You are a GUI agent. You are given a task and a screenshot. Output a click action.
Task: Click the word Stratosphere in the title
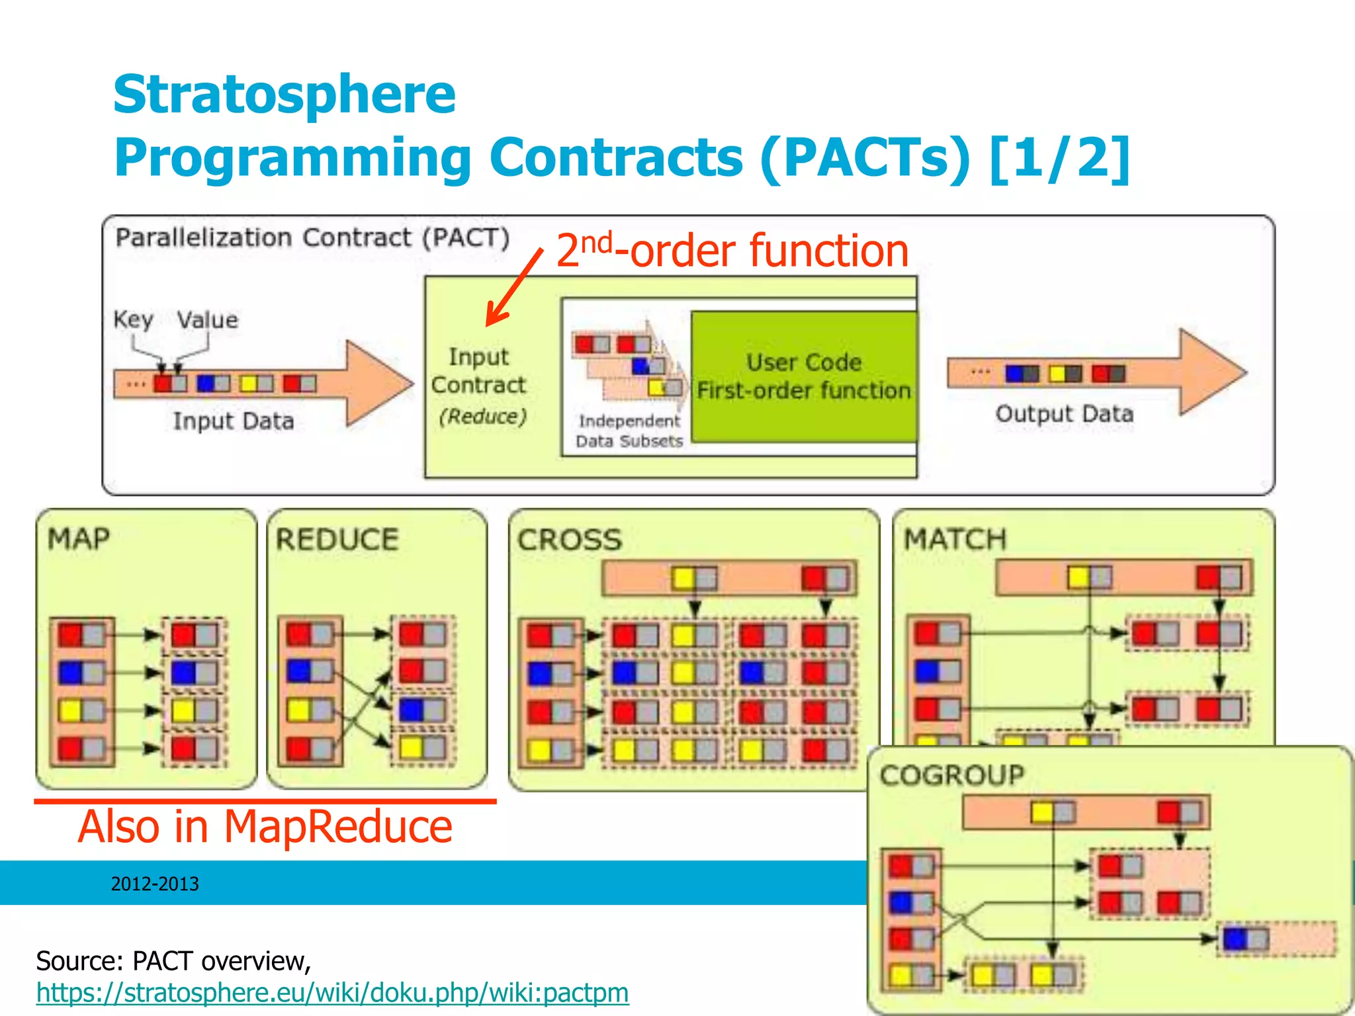point(284,95)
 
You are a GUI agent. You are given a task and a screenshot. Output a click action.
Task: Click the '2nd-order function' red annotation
point(732,251)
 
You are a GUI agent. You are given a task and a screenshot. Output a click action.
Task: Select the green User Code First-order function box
point(803,376)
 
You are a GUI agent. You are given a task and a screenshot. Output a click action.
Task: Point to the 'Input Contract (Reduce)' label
point(479,386)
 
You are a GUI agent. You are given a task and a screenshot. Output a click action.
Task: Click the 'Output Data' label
point(1064,414)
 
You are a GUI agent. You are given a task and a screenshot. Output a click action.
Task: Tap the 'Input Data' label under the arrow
point(233,421)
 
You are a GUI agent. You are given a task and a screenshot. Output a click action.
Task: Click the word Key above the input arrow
point(132,319)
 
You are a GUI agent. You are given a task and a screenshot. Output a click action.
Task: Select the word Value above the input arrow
point(207,320)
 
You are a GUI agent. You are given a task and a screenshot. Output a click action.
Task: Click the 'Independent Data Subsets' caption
point(629,431)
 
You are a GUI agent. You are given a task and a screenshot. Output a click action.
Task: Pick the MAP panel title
point(79,538)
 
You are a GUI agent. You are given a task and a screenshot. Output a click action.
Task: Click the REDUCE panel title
point(337,539)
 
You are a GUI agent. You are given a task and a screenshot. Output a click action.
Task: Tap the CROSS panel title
point(570,540)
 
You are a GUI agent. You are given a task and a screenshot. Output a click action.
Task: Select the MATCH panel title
point(955,539)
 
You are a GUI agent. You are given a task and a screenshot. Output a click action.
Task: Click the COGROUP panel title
point(952,775)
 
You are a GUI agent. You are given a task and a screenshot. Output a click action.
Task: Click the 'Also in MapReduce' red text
point(265,826)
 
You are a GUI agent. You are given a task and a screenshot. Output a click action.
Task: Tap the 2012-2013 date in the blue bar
point(155,884)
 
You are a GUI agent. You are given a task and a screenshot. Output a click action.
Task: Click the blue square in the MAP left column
point(70,673)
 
